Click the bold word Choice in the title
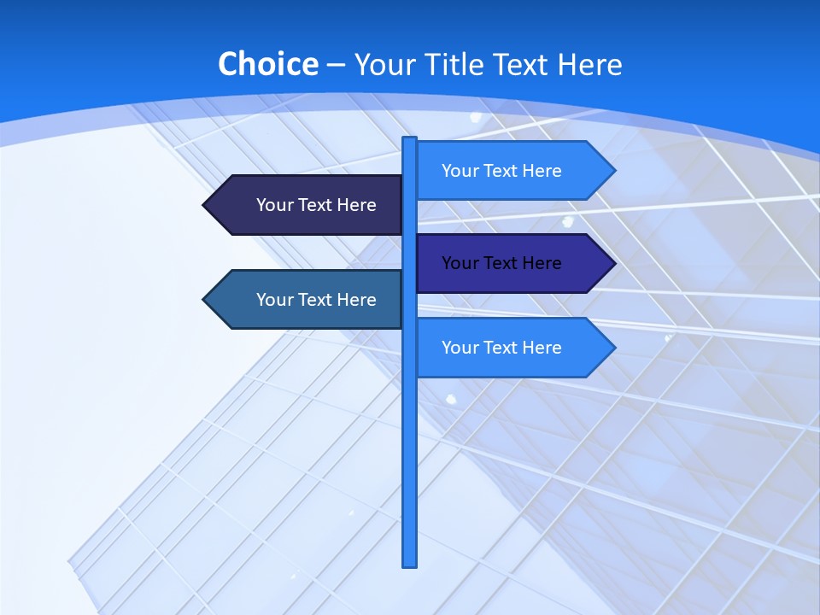267,64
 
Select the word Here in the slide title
589,64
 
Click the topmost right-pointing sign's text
501,171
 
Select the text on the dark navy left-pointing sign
316,205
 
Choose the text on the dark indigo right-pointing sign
501,263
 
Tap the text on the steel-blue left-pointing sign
316,300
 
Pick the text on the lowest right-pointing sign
501,348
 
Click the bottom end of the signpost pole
410,564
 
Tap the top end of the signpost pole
410,139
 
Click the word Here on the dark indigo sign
542,263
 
